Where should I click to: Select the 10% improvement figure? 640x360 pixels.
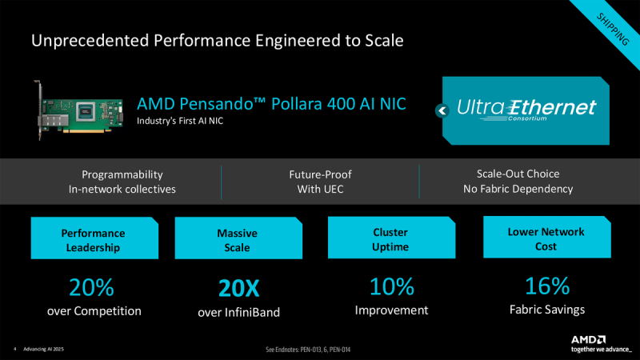pos(392,286)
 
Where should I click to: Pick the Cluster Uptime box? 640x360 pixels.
pos(391,239)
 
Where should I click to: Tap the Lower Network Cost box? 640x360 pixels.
pos(546,239)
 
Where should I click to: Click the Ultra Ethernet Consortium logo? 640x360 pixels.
pos(526,110)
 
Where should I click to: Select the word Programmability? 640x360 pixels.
pos(122,174)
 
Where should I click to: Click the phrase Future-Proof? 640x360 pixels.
pos(320,174)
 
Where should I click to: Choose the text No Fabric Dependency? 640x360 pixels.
pos(518,189)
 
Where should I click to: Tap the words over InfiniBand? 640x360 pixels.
pos(238,312)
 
